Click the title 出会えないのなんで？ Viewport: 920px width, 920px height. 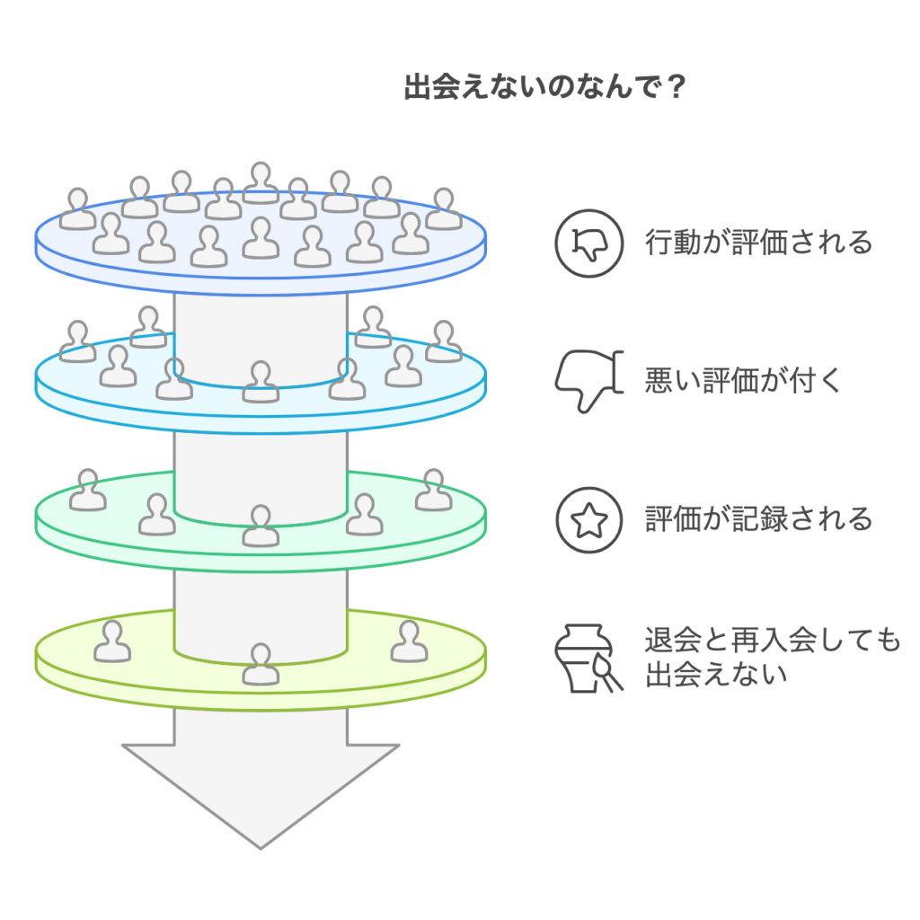point(546,90)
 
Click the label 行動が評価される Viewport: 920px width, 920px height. point(758,243)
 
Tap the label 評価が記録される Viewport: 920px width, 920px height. point(758,518)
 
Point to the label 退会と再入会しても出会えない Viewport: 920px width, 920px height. point(772,657)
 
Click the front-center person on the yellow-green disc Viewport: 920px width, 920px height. point(261,664)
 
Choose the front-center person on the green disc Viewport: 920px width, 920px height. point(261,526)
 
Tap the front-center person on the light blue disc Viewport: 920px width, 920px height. point(261,382)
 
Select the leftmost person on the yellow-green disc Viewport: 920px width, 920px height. point(112,641)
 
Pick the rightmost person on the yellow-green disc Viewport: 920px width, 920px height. point(409,641)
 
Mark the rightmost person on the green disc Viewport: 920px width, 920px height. point(434,490)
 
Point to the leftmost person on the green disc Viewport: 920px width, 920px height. point(88,490)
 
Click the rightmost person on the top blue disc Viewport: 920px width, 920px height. point(443,208)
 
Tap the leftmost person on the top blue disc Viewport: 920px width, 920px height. point(78,208)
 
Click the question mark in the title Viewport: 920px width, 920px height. point(678,90)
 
